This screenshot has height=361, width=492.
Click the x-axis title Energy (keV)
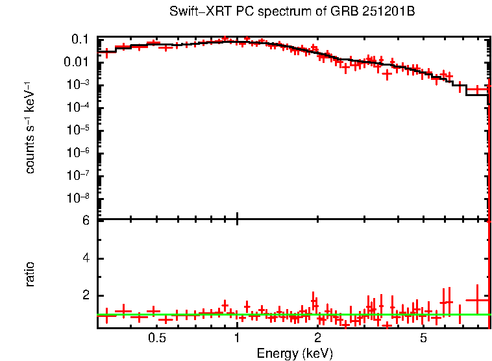pos(295,353)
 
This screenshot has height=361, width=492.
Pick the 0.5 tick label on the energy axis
pos(156,338)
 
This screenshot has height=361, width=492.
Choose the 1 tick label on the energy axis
pos(237,338)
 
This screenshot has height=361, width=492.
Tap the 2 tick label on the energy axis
pos(317,338)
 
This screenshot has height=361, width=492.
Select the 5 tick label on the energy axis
pos(423,338)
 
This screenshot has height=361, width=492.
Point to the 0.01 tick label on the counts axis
pos(76,62)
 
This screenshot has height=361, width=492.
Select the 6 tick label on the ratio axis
pos(84,221)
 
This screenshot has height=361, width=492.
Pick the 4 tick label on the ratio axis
pos(84,258)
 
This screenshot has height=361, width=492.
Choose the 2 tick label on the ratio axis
pos(84,295)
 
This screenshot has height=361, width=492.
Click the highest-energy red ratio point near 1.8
pos(477,300)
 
